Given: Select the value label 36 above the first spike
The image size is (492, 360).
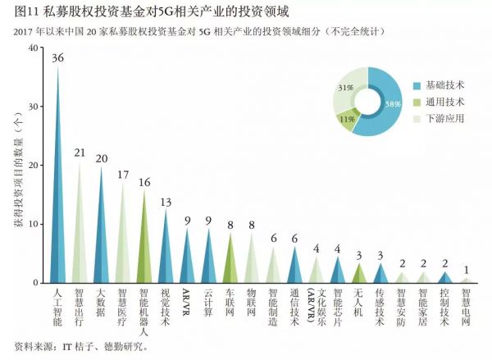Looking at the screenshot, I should (58, 58).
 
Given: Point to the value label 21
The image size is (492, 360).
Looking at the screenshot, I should (80, 153).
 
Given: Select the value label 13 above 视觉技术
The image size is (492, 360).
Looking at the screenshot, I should (166, 203).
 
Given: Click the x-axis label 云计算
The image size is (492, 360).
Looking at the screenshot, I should (208, 303).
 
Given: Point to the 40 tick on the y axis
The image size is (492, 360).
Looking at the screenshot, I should (32, 48).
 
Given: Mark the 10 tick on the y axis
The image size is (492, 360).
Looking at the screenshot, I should (32, 224).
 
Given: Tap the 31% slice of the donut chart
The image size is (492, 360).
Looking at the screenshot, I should (348, 89).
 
